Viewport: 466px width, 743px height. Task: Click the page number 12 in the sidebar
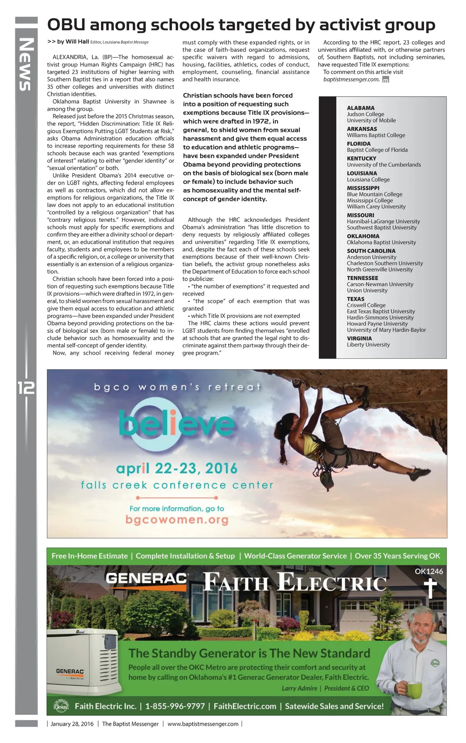click(26, 387)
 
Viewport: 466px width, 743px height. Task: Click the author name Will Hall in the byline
click(77, 42)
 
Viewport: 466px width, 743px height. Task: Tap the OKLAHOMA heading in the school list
click(363, 236)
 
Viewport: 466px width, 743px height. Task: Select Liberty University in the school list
click(368, 345)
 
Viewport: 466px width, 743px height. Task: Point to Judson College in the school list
click(365, 114)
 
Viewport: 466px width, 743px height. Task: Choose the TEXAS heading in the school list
click(355, 299)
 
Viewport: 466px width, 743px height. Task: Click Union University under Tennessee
click(367, 291)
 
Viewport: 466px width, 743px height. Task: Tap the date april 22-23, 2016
click(177, 468)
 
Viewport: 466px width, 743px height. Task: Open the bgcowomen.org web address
click(177, 520)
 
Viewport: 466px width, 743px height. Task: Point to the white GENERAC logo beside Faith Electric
click(146, 578)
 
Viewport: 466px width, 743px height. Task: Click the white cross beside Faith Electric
click(429, 589)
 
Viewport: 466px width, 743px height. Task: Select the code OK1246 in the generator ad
click(429, 572)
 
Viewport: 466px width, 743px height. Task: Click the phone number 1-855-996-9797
click(175, 706)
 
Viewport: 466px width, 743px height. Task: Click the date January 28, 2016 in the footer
click(72, 724)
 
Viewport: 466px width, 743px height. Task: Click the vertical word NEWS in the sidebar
click(26, 64)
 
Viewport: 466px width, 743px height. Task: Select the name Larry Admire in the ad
click(299, 688)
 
